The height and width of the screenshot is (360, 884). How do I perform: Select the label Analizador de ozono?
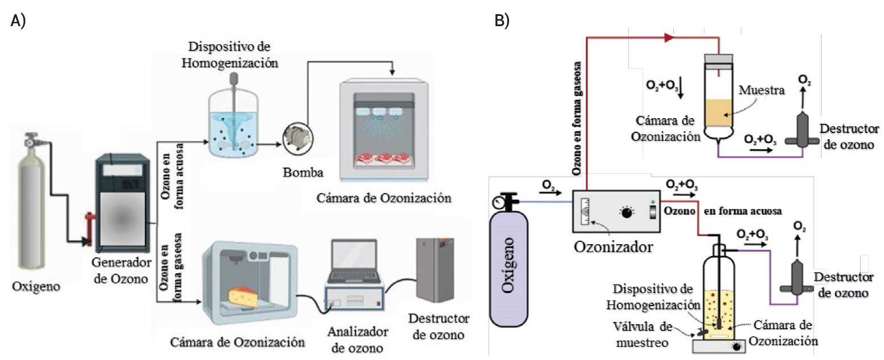tap(356, 338)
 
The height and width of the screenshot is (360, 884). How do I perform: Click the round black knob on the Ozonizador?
tap(627, 213)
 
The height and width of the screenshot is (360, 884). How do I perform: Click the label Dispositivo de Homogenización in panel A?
tap(230, 55)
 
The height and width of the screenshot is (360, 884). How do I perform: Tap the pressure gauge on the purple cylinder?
tap(499, 202)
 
